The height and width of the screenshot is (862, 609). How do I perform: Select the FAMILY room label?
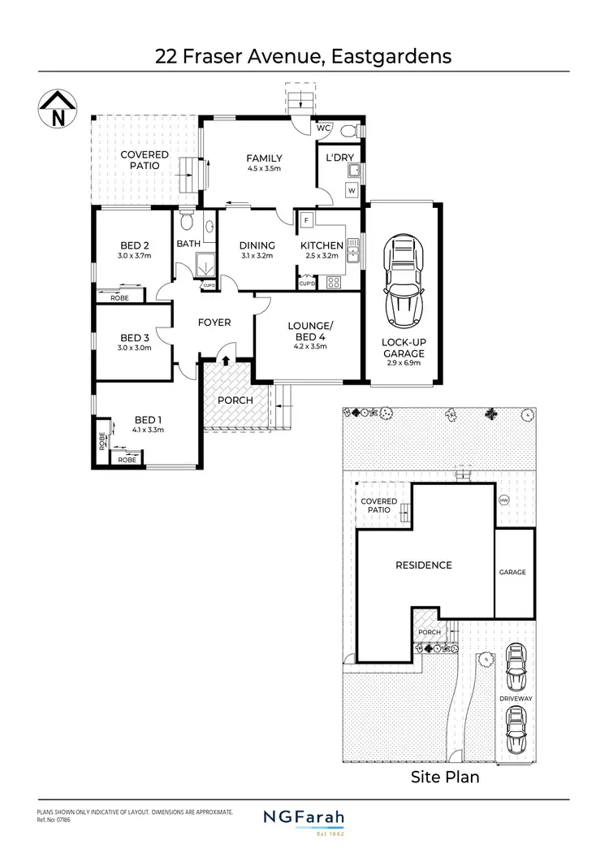(x=264, y=158)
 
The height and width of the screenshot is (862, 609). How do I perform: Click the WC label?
(x=322, y=128)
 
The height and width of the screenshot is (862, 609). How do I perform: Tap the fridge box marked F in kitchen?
(x=307, y=220)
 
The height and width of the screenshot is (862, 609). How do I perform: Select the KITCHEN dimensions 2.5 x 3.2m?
(x=322, y=256)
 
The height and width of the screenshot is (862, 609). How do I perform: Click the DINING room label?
(x=257, y=245)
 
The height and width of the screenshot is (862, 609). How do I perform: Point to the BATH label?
(x=188, y=244)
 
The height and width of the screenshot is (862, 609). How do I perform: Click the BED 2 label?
(x=135, y=245)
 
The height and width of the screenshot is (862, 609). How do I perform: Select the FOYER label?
(x=214, y=323)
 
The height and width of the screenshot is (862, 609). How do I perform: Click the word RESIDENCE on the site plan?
(x=423, y=565)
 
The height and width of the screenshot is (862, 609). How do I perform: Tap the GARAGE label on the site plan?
(x=513, y=572)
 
